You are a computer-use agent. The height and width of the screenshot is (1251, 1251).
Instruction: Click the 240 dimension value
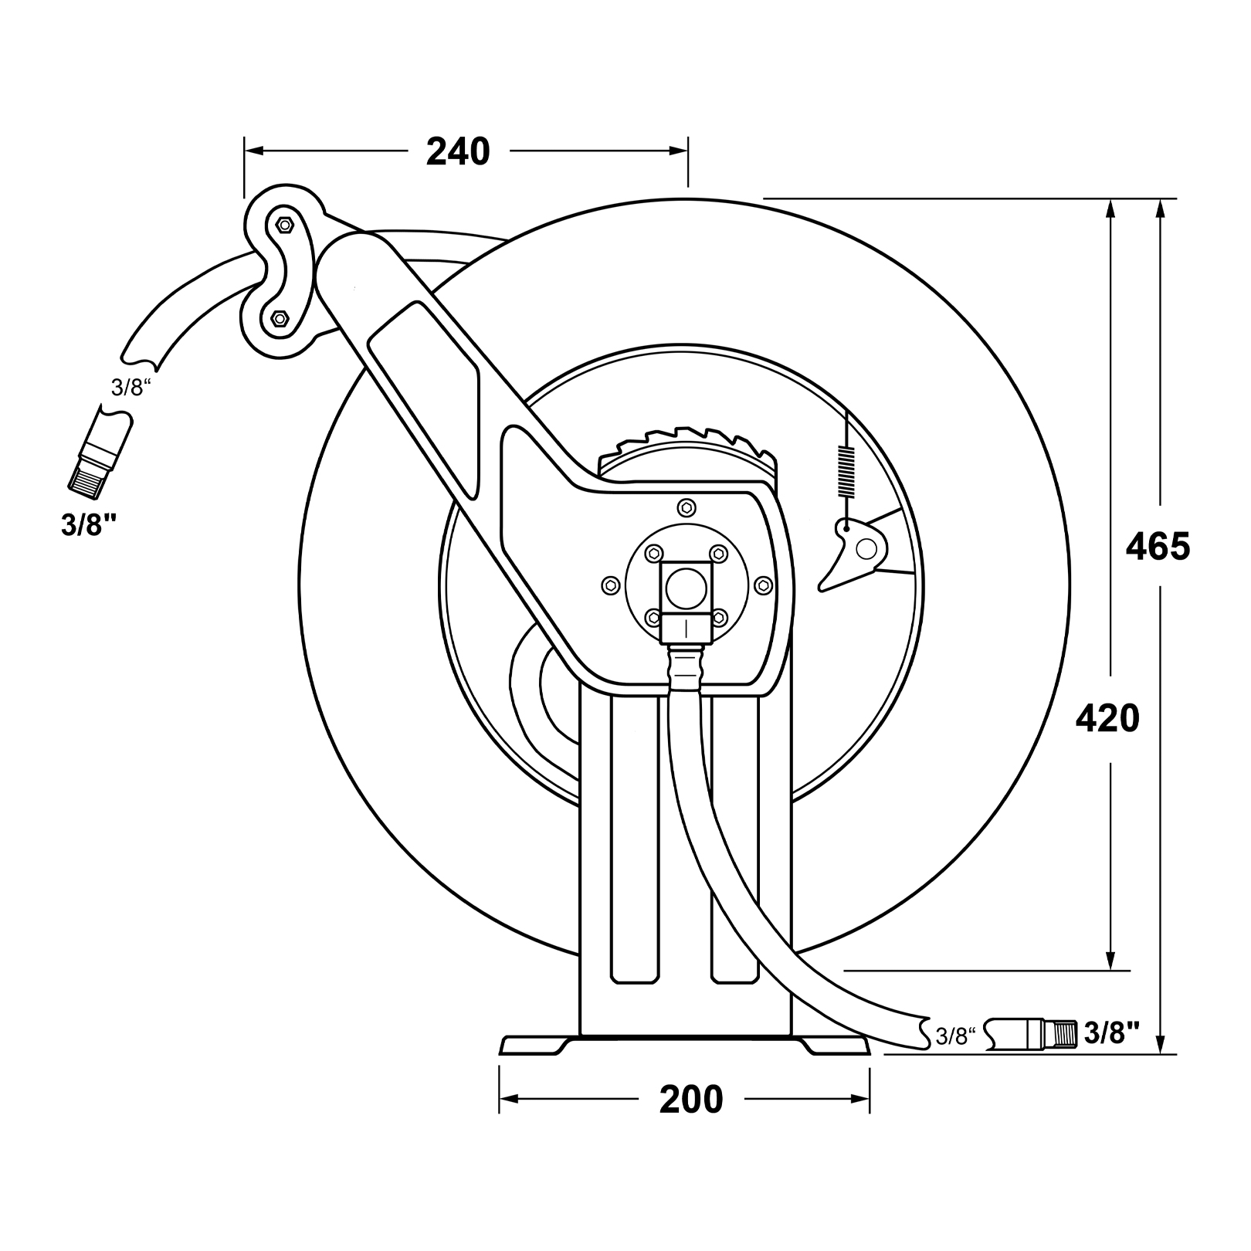(x=458, y=151)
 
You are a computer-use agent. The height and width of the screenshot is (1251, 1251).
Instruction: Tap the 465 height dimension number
(x=1158, y=547)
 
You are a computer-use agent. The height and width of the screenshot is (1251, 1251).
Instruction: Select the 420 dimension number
(x=1107, y=719)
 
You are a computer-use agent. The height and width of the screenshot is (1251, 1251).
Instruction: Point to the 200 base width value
(x=691, y=1100)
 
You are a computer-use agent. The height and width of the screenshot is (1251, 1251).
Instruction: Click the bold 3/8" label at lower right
(x=1112, y=1032)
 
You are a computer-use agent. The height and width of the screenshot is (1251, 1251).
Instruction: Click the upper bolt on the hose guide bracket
(x=283, y=225)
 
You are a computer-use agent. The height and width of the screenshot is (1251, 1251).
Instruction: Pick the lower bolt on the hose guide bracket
(x=279, y=317)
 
